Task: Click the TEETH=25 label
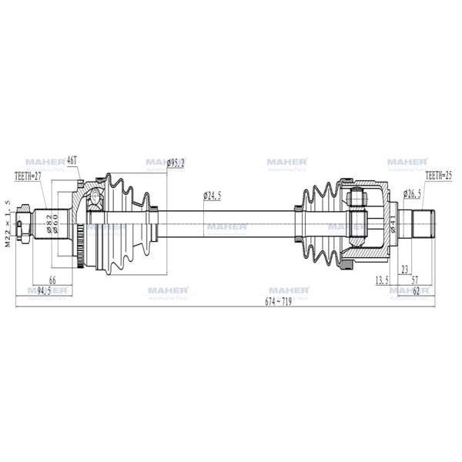(438, 176)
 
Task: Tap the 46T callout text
(73, 162)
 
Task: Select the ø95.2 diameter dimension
(177, 162)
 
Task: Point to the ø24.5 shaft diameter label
(213, 196)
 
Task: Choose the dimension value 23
(404, 270)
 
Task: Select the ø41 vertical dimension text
(393, 225)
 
